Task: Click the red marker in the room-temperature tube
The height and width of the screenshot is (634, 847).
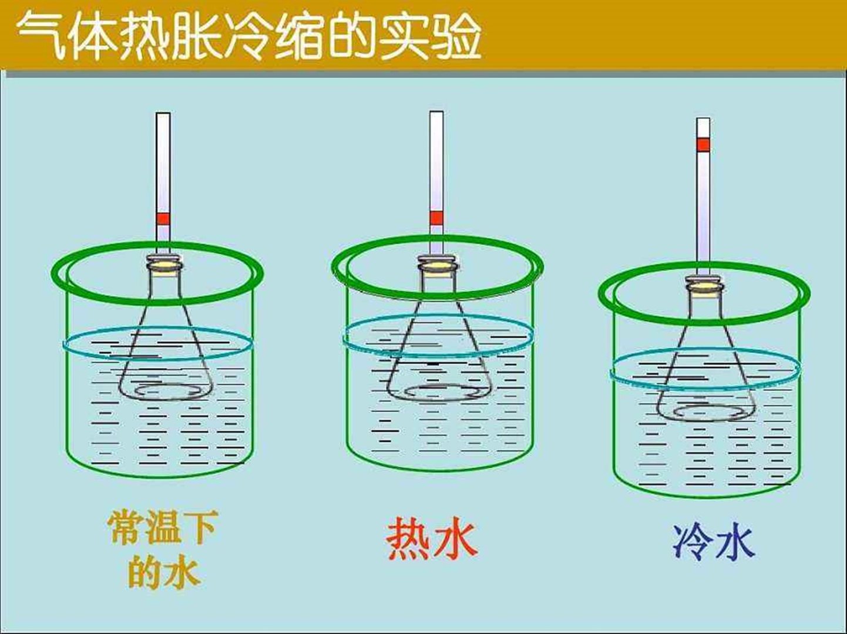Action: pos(163,219)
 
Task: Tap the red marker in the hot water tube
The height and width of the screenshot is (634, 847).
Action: pos(436,218)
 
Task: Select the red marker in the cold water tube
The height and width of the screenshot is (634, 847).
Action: pos(703,144)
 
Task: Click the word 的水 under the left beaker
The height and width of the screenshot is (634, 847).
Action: pos(164,571)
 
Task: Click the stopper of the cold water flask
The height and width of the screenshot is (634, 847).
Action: pos(704,286)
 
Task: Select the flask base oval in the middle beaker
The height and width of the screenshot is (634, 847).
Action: pos(438,392)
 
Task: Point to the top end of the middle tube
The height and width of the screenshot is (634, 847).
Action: pos(436,114)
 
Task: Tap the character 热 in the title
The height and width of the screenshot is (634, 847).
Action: pos(143,36)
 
